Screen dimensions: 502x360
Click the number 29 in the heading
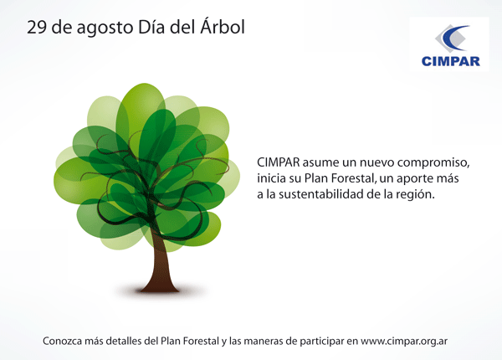[37, 28]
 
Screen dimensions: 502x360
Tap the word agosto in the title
[105, 28]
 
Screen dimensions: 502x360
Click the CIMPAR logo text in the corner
[450, 61]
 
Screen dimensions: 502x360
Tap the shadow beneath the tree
[159, 291]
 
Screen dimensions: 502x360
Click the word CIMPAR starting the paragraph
[279, 162]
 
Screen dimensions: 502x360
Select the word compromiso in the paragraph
[433, 163]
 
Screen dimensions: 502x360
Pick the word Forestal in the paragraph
[353, 178]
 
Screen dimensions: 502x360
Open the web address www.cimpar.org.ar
[404, 342]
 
